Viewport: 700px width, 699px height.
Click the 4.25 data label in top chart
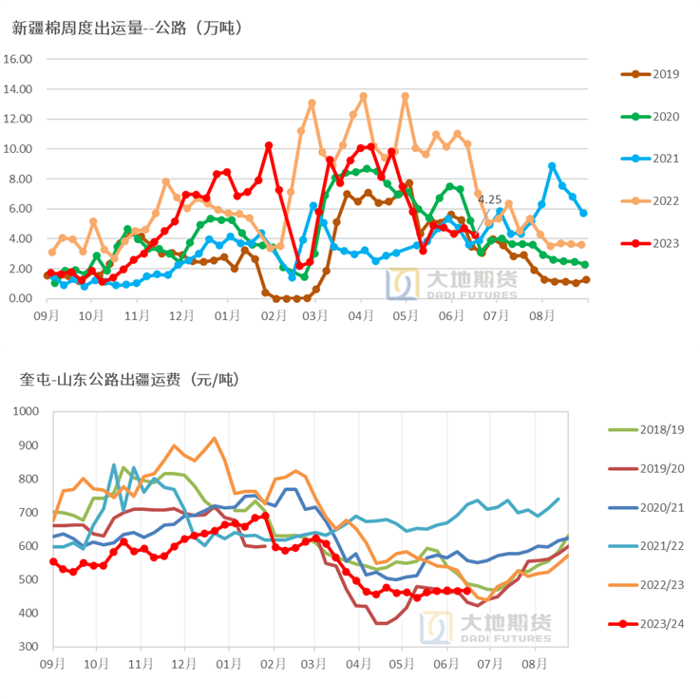[x=489, y=199]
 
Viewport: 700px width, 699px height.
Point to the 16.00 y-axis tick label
[x=19, y=59]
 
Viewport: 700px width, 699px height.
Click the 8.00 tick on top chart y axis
[x=19, y=179]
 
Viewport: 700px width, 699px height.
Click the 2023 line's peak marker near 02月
[x=269, y=145]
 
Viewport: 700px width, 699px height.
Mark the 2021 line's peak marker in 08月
[x=552, y=166]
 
